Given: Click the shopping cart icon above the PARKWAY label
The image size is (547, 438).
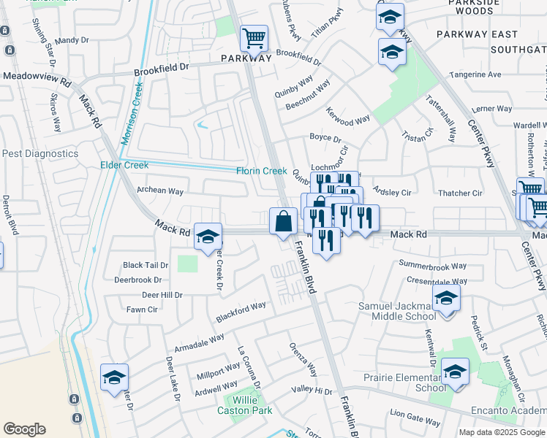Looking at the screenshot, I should click(x=254, y=37).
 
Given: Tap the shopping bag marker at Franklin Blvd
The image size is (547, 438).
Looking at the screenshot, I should click(x=283, y=220).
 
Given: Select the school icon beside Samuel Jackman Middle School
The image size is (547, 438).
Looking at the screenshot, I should click(x=445, y=298).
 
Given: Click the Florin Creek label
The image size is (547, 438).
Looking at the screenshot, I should click(x=261, y=171).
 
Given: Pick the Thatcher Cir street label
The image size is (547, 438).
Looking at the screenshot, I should click(x=460, y=193).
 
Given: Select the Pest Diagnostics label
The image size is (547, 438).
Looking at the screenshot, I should click(x=39, y=154).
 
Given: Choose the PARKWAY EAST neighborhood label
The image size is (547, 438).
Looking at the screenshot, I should click(x=477, y=34).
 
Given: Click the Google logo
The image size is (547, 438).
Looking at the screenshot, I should click(x=24, y=429).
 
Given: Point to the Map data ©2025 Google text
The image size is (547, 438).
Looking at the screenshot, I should click(x=502, y=432).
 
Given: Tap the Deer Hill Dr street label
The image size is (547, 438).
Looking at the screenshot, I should click(x=162, y=295).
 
